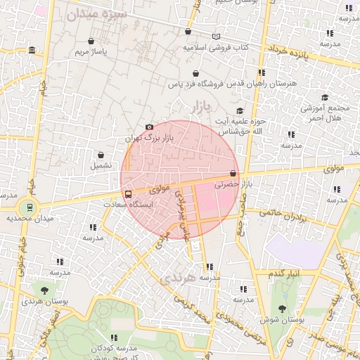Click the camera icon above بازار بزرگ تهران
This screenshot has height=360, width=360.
[149, 127]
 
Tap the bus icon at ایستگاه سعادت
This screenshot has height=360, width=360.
[128, 193]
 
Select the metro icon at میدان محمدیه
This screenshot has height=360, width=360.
[30, 207]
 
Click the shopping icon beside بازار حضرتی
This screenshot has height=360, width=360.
[233, 173]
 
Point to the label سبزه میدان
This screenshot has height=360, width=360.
[103, 13]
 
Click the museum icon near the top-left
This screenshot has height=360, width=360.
[32, 51]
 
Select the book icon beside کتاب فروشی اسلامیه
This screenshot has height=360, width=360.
[215, 37]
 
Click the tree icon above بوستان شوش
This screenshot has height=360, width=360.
[282, 309]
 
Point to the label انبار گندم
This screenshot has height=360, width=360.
[285, 272]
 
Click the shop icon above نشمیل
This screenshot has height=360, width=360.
[101, 155]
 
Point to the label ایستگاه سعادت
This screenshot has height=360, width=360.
[128, 205]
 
